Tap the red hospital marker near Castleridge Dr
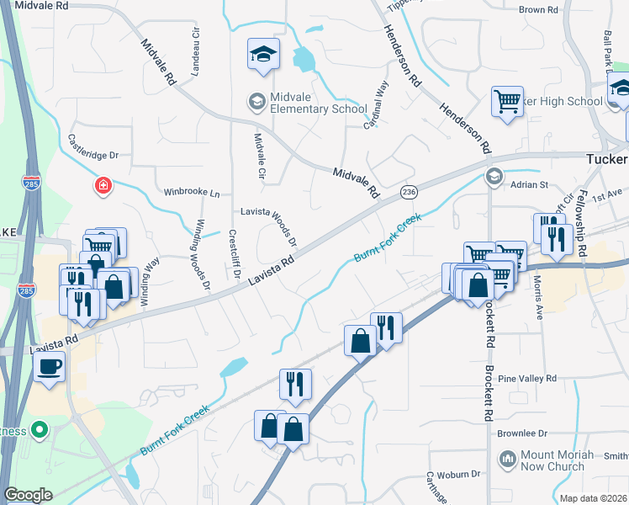point(103,184)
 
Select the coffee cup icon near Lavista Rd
point(50,367)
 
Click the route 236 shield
point(409,192)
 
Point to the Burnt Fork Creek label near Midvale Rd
point(387,238)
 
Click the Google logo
point(28,496)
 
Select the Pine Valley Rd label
point(527,379)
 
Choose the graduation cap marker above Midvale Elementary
point(262,56)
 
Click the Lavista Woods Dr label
point(269,226)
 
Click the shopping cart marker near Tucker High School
point(507,103)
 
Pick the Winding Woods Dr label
point(202,253)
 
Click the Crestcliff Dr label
point(235,255)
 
